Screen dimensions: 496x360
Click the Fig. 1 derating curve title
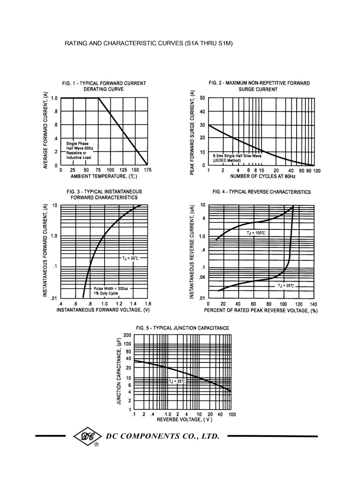pyautogui.click(x=104, y=86)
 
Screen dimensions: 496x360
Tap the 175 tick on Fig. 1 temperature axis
pyautogui.click(x=147, y=170)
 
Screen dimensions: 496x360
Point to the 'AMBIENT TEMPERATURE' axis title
pyautogui.click(x=104, y=176)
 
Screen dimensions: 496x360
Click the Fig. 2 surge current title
pyautogui.click(x=259, y=86)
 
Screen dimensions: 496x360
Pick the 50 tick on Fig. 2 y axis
pyautogui.click(x=202, y=98)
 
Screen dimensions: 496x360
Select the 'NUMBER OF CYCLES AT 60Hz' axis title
pyautogui.click(x=262, y=176)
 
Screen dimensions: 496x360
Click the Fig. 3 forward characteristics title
pyautogui.click(x=104, y=194)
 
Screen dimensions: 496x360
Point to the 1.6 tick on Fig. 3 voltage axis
pyautogui.click(x=148, y=304)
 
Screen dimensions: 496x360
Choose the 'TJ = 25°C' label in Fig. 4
pyautogui.click(x=286, y=286)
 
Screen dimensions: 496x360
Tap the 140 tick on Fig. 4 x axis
pyautogui.click(x=313, y=304)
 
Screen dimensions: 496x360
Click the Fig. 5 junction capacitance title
pyautogui.click(x=182, y=328)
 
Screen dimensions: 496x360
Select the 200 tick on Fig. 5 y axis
pyautogui.click(x=127, y=335)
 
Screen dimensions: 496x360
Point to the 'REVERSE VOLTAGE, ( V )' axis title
pyautogui.click(x=184, y=419)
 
